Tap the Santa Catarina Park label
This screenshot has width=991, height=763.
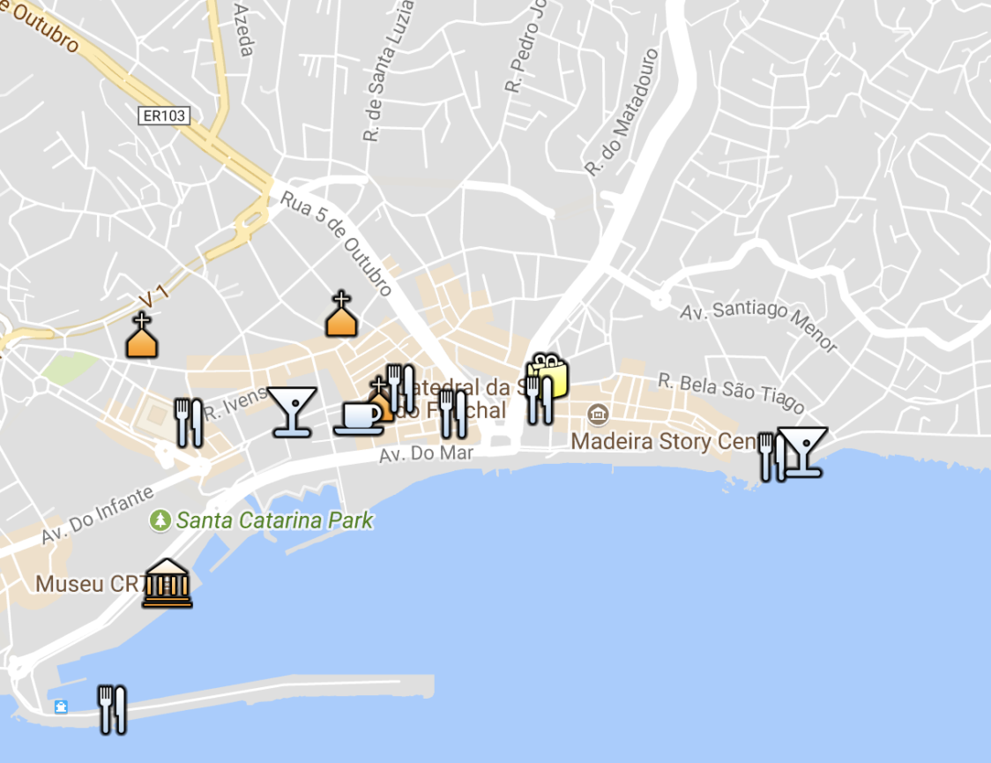274,520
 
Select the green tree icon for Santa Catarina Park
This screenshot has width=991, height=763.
160,520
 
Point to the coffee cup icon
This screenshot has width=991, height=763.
358,417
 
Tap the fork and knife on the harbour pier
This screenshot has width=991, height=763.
112,709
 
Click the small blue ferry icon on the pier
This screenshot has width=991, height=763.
61,707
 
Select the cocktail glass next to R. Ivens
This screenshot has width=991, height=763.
292,411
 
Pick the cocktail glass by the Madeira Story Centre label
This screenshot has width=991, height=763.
804,452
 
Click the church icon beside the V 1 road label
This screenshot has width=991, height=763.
141,335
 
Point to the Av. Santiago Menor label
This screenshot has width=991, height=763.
758,325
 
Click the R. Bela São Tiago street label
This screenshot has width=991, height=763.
731,393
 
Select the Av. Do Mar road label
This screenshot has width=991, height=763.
427,455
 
